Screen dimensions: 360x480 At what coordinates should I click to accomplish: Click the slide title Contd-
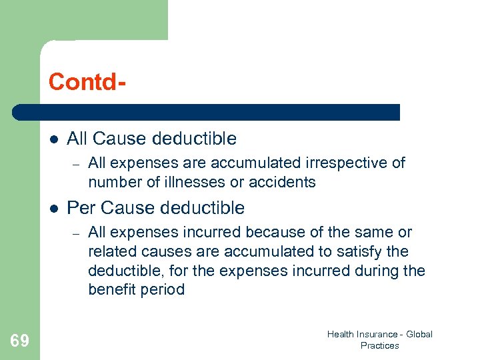pyautogui.click(x=87, y=81)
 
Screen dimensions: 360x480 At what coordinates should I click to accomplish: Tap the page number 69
pyautogui.click(x=20, y=341)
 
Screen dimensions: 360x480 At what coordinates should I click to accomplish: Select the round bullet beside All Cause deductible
pyautogui.click(x=53, y=139)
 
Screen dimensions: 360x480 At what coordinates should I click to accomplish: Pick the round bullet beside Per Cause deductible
pyautogui.click(x=53, y=209)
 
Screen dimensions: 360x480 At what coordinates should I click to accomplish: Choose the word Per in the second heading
pyautogui.click(x=80, y=208)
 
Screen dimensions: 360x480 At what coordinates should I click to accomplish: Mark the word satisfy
pyautogui.click(x=363, y=251)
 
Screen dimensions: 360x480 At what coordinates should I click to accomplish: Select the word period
pyautogui.click(x=163, y=290)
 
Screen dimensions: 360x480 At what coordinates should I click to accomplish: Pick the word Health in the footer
pyautogui.click(x=341, y=334)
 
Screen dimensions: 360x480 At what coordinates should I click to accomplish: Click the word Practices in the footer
pyautogui.click(x=379, y=345)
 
